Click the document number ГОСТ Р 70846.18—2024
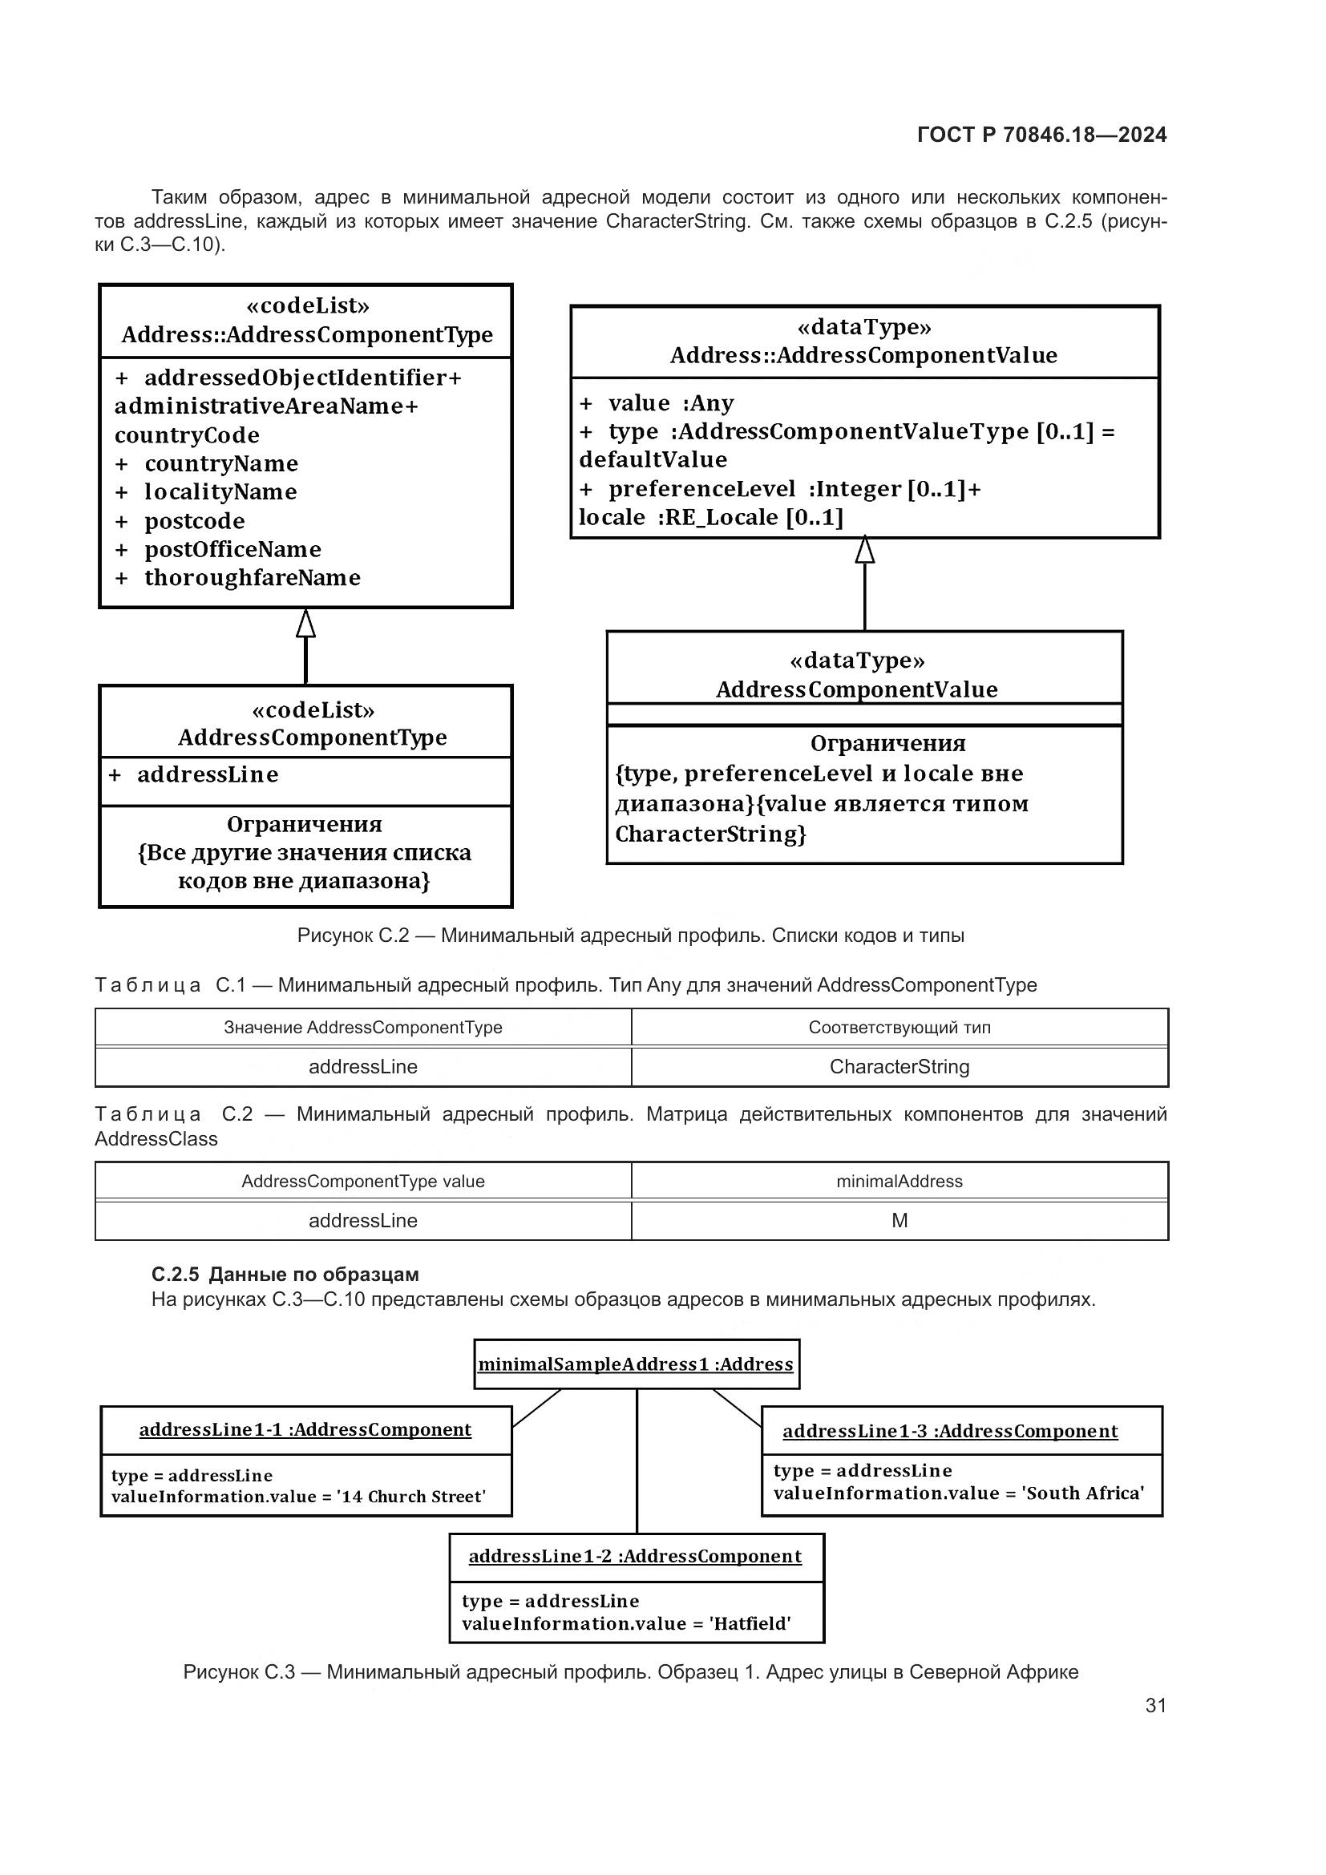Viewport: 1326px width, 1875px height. pyautogui.click(x=1041, y=135)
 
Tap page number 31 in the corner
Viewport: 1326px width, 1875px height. pyautogui.click(x=1155, y=1705)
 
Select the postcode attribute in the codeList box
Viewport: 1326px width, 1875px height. pyautogui.click(x=194, y=521)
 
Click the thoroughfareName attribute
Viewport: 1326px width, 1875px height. pyautogui.click(x=252, y=578)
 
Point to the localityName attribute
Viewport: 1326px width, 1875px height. pyautogui.click(x=220, y=492)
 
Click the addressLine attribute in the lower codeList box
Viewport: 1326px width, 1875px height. pyautogui.click(x=208, y=775)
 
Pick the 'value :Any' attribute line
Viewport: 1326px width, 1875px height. pyautogui.click(x=669, y=403)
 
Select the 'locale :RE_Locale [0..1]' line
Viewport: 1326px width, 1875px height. pyautogui.click(x=710, y=518)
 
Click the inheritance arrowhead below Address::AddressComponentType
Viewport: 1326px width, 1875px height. pyautogui.click(x=305, y=624)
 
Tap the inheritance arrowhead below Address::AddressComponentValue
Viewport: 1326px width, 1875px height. pyautogui.click(x=865, y=551)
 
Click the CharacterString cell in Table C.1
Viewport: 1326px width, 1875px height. pyautogui.click(x=899, y=1066)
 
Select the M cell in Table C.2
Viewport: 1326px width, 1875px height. pyautogui.click(x=899, y=1221)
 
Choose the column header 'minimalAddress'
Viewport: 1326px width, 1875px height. pyautogui.click(x=899, y=1182)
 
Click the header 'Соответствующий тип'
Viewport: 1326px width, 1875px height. pyautogui.click(x=899, y=1028)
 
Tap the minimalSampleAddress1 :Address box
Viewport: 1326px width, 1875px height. pyautogui.click(x=636, y=1364)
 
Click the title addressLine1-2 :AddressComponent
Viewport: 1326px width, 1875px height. pyautogui.click(x=635, y=1557)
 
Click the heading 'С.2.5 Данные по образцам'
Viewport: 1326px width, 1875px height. pyautogui.click(x=285, y=1275)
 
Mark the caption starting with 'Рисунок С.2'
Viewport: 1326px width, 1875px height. pyautogui.click(x=630, y=935)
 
